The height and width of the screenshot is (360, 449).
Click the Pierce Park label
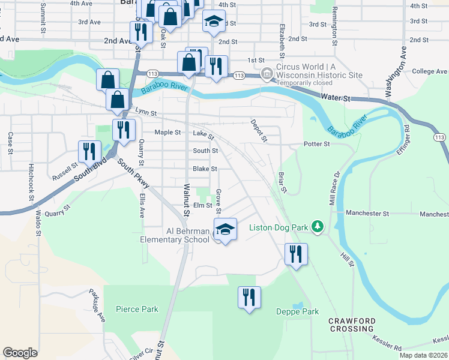pos(137,309)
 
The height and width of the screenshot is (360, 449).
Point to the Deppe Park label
pos(297,311)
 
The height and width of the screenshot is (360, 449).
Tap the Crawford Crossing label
pos(352,325)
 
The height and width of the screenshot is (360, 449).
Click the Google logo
pos(20,353)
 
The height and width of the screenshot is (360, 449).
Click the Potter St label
pos(317,144)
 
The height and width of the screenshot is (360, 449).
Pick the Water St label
pos(335,96)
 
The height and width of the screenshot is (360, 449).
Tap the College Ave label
pos(430,71)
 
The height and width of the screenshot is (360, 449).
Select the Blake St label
pos(205,169)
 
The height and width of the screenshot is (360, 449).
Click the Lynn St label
pos(146,112)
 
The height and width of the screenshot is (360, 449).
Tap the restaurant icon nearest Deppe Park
pos(249,298)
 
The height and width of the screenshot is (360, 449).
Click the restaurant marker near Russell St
pos(90,151)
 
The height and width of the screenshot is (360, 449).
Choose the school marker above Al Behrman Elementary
pos(225,230)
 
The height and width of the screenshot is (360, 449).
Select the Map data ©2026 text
pos(423,355)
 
